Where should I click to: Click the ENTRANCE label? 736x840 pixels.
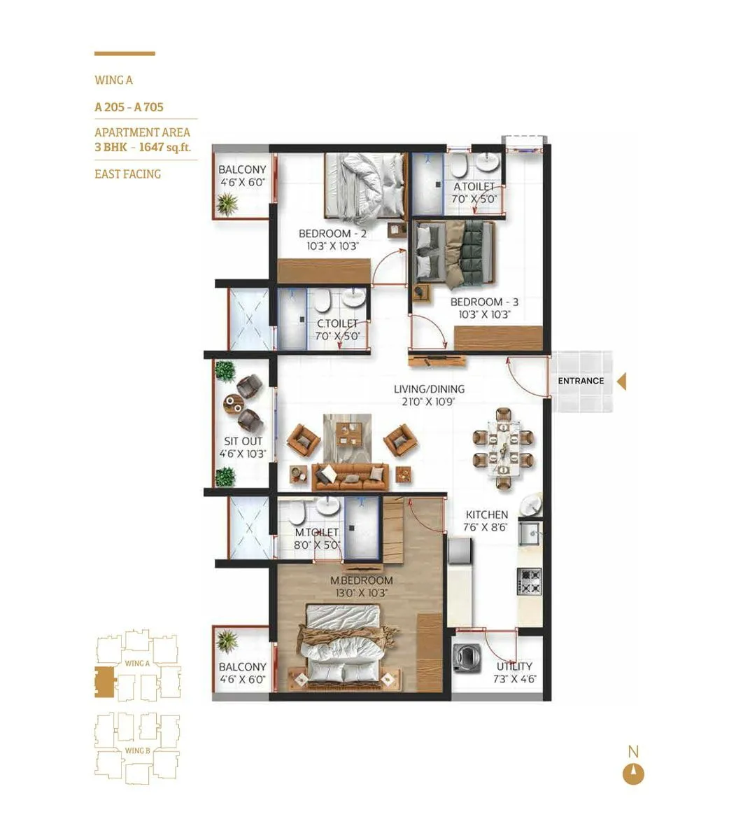coord(581,381)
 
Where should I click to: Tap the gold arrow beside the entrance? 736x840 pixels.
coord(621,381)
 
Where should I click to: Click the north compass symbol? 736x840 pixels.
coord(633,774)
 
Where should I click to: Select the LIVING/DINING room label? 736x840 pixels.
coord(429,389)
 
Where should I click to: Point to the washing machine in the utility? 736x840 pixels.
coord(464,659)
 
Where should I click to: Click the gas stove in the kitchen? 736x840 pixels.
coord(530,582)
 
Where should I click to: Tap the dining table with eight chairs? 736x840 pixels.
coord(503,448)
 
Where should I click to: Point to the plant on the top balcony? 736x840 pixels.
coord(227,204)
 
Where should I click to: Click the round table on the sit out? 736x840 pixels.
coord(234,404)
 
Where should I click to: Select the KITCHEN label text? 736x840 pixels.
coord(487,514)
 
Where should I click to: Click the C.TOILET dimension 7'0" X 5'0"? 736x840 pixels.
coord(337,335)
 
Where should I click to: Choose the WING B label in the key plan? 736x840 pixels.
coord(137,750)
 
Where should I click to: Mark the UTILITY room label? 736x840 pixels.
coord(514,666)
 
